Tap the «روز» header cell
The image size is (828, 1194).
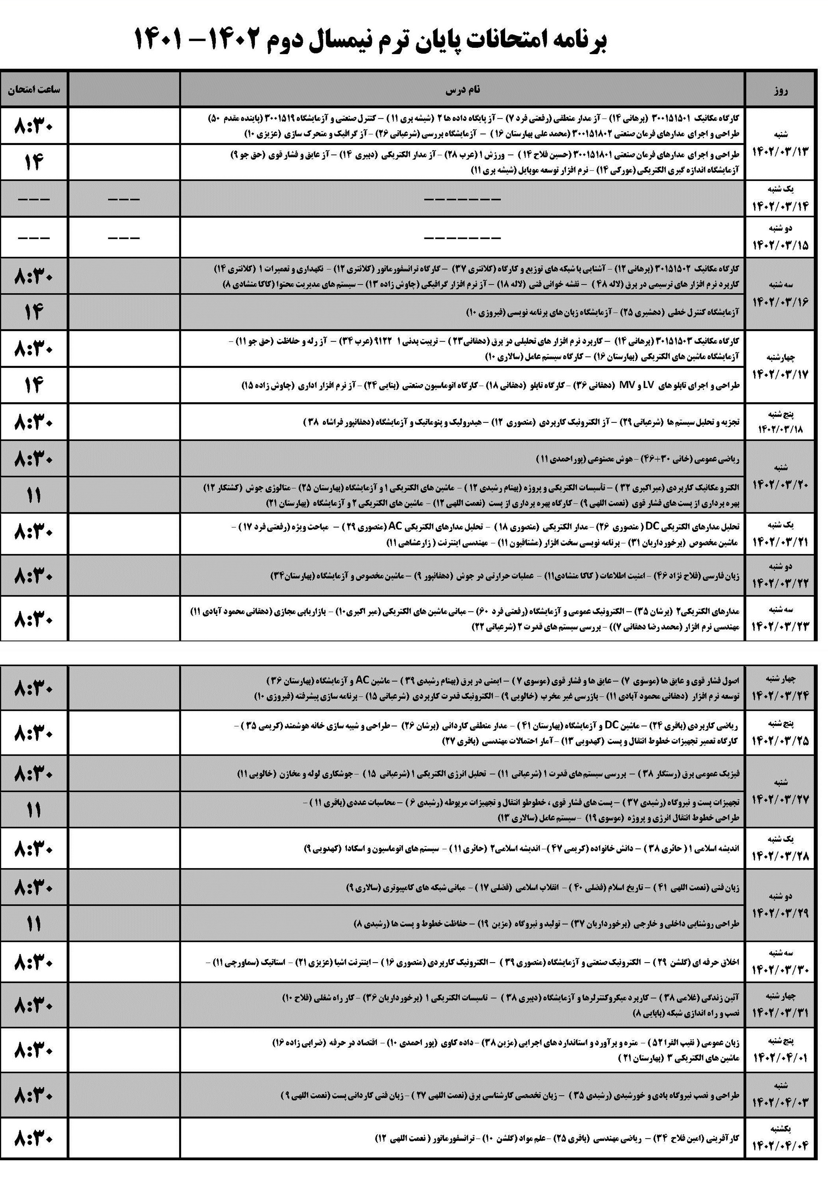pyautogui.click(x=779, y=90)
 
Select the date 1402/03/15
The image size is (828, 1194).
pyautogui.click(x=780, y=245)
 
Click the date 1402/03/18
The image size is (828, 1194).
pyautogui.click(x=780, y=429)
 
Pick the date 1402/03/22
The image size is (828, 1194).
pyautogui.click(x=780, y=583)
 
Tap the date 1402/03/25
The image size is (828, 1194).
pyautogui.click(x=780, y=741)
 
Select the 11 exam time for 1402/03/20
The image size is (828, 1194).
pyautogui.click(x=34, y=495)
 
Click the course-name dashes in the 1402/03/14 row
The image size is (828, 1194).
pyautogui.click(x=462, y=199)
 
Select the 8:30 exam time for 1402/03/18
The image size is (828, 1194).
pyautogui.click(x=34, y=422)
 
